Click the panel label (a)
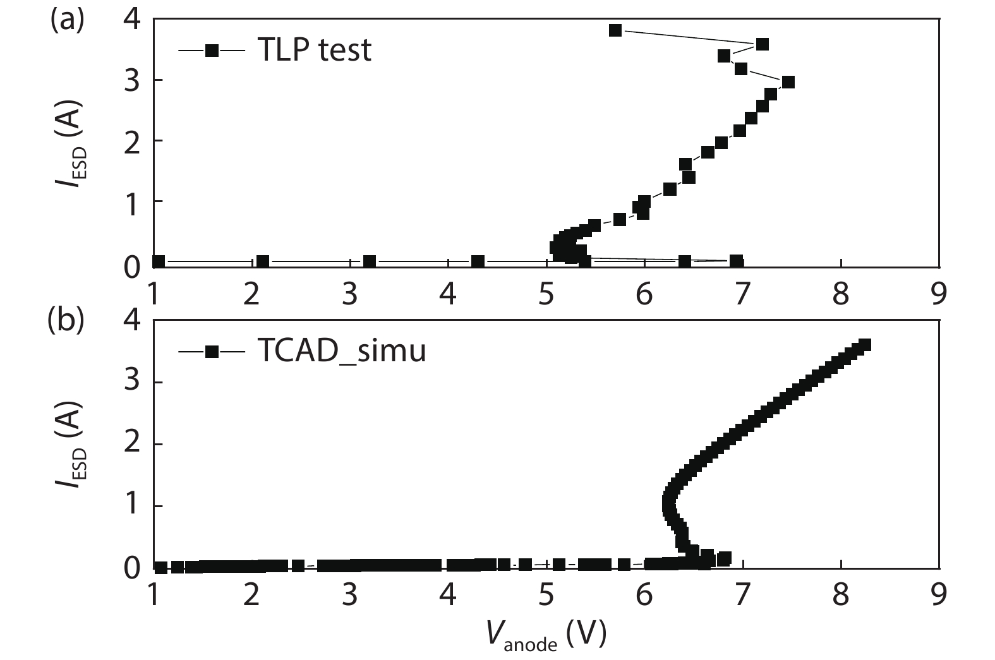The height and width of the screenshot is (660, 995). [x=66, y=20]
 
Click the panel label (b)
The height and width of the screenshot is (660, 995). [x=66, y=321]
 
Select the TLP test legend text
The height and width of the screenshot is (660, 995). [x=314, y=50]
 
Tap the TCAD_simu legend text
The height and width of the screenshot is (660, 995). [x=341, y=351]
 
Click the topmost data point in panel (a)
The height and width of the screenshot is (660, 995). [x=615, y=30]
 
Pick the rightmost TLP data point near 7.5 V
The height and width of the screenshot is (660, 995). [x=788, y=82]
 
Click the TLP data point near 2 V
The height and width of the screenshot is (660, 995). [x=263, y=261]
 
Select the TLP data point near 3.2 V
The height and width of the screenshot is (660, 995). [x=370, y=261]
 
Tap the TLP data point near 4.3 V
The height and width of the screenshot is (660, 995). [x=478, y=261]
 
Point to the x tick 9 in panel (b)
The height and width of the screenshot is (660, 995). [x=939, y=595]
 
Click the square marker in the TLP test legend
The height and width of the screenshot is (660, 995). [x=212, y=50]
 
